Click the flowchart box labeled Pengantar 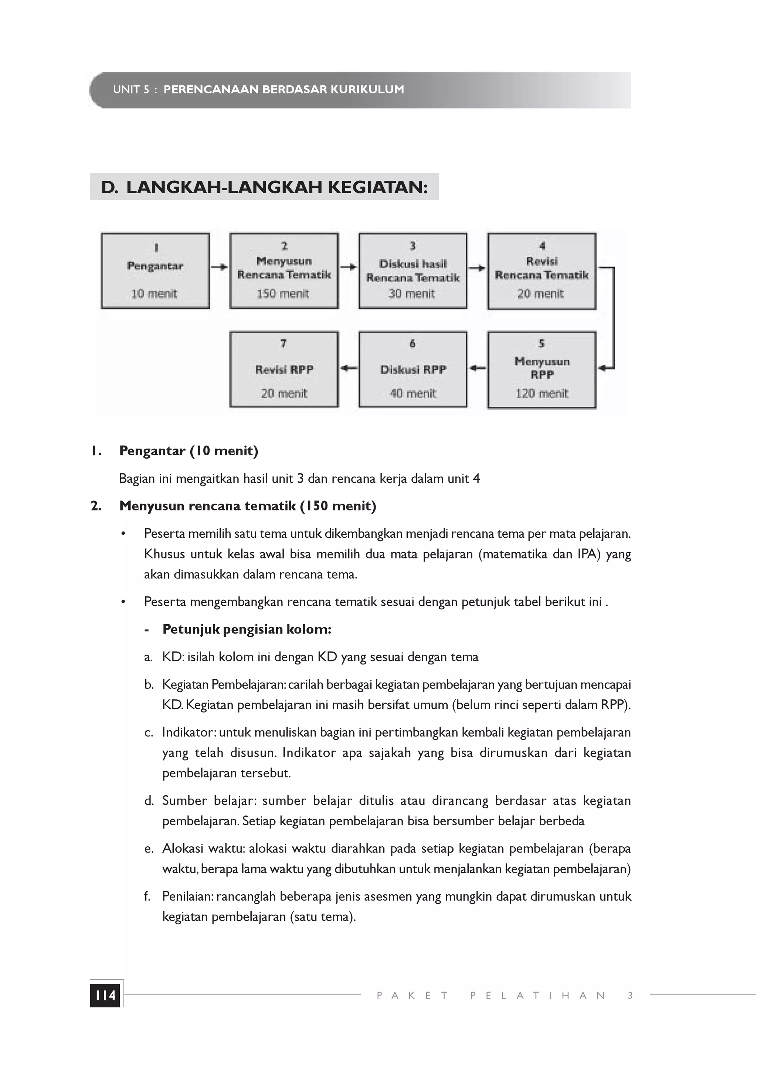tap(155, 271)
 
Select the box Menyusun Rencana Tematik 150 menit tap(284, 271)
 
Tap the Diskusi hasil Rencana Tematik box tap(413, 271)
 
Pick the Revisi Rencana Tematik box tap(542, 271)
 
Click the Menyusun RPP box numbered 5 tap(542, 370)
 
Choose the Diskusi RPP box tap(413, 370)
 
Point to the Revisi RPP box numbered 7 tap(284, 370)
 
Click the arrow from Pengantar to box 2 tap(219, 267)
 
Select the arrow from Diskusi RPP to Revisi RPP tap(349, 368)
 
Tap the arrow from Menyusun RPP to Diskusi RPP tap(477, 368)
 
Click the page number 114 tap(105, 996)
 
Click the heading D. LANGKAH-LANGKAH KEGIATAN tap(264, 187)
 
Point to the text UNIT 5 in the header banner tap(130, 89)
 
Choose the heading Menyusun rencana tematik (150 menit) tap(247, 506)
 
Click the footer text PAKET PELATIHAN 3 tap(504, 996)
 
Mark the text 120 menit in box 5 tap(542, 394)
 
